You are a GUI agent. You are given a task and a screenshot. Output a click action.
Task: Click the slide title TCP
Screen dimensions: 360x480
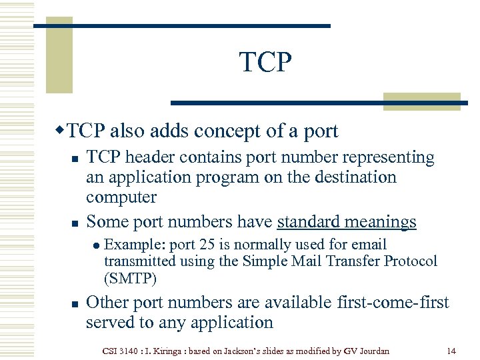[x=265, y=62]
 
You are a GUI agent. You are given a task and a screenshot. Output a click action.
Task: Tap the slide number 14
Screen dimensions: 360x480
[x=451, y=350]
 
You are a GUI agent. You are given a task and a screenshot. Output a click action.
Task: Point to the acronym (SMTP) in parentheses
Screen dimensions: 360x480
[x=131, y=277]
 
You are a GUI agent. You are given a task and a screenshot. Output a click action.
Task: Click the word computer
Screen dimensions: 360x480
[x=121, y=197]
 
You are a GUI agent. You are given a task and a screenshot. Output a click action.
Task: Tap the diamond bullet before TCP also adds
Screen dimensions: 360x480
[x=61, y=129]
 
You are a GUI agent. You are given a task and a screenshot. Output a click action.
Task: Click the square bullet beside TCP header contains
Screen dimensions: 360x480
[x=75, y=159]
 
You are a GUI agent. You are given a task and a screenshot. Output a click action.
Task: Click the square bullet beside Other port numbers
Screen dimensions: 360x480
[x=75, y=303]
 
